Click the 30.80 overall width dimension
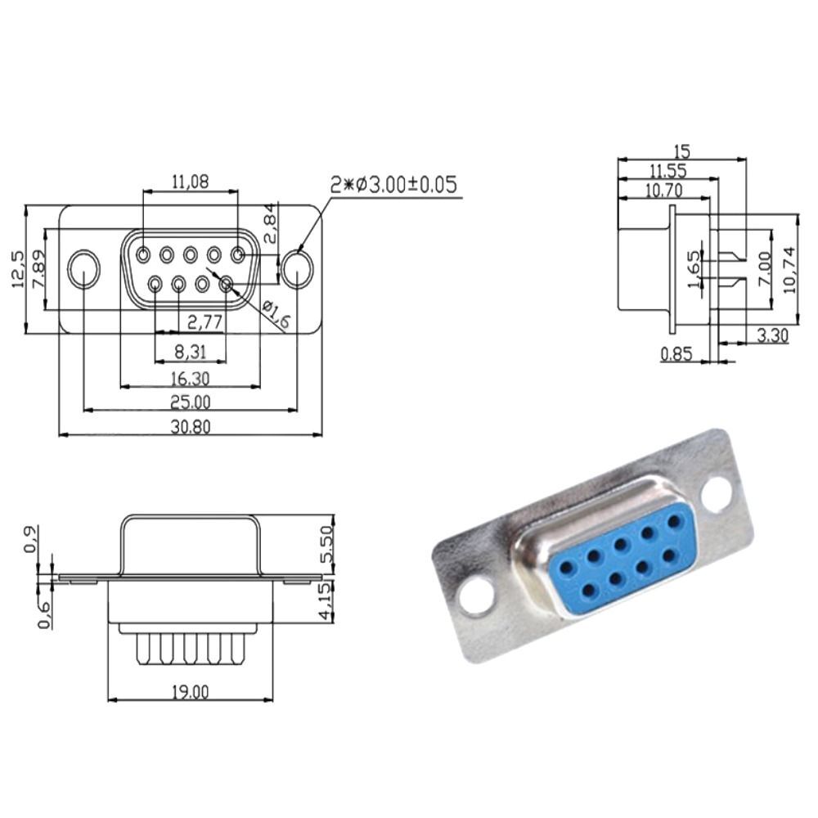pos(190,426)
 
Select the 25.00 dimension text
pos(190,402)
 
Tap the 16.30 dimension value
pos(190,378)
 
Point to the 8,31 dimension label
pos(189,352)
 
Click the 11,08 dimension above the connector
pos(190,182)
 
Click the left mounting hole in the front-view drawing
pos(83,270)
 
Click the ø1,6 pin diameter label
pos(276,315)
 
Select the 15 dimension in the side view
pos(681,151)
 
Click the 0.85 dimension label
pos(676,353)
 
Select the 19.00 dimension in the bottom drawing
pos(190,692)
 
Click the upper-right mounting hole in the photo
pos(716,493)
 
